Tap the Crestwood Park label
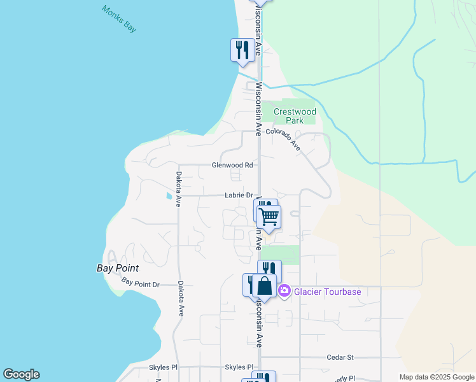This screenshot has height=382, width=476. pyautogui.click(x=295, y=116)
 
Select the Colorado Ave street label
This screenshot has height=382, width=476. pyautogui.click(x=283, y=139)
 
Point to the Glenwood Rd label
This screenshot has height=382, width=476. pyautogui.click(x=232, y=165)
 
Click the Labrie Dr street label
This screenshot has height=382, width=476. pyautogui.click(x=239, y=195)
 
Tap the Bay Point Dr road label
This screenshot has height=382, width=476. pyautogui.click(x=140, y=283)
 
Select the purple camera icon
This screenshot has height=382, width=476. pyautogui.click(x=284, y=292)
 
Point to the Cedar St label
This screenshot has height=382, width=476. pyautogui.click(x=340, y=358)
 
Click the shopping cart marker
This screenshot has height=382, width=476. pyautogui.click(x=269, y=216)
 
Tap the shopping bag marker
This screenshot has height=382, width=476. pyautogui.click(x=265, y=286)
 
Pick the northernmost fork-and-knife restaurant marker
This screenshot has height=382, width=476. pyautogui.click(x=241, y=49)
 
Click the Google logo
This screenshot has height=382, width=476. pyautogui.click(x=21, y=374)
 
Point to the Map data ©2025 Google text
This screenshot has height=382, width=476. pyautogui.click(x=437, y=377)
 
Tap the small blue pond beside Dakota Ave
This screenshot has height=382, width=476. pyautogui.click(x=169, y=195)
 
